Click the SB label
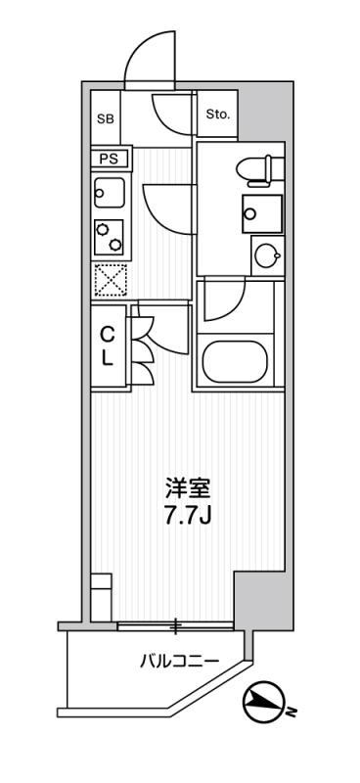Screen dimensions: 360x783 pos(106,118)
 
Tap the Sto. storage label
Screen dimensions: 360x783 pos(218,115)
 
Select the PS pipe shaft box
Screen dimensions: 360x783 pos(110,160)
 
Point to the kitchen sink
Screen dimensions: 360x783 pos(109,192)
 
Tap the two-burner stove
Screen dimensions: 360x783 pos(109,237)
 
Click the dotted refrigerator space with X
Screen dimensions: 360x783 pos(110,280)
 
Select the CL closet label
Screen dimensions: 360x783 pos(109,346)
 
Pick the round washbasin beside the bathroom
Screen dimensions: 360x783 pos(267,256)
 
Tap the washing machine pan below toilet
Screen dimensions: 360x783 pos(262,213)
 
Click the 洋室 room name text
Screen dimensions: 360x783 pos(188,487)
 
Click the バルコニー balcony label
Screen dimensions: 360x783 pos(179,662)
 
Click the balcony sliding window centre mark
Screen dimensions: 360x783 pos(176,625)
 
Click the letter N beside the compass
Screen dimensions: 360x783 pos(292,711)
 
